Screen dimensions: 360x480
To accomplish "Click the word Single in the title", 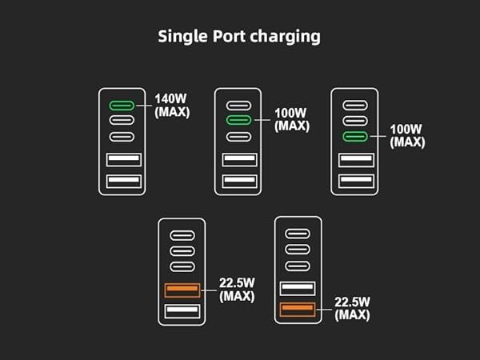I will pyautogui.click(x=182, y=36).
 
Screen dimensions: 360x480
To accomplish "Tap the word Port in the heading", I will pyautogui.click(x=234, y=36).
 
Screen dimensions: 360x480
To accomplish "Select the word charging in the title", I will pyautogui.click(x=290, y=37).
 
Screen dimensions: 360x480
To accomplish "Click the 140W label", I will pyautogui.click(x=172, y=101).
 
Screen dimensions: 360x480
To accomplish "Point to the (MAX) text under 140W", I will pyautogui.click(x=172, y=113).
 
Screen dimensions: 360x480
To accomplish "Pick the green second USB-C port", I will pyautogui.click(x=239, y=120).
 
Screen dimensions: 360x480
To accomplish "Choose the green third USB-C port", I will pyautogui.click(x=356, y=136).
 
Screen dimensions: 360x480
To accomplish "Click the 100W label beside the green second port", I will pyautogui.click(x=291, y=114).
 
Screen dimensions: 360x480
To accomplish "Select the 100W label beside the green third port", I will pyautogui.click(x=408, y=130).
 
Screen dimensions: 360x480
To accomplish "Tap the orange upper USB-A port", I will pyautogui.click(x=182, y=290).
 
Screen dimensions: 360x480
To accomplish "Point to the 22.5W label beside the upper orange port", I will pyautogui.click(x=237, y=282).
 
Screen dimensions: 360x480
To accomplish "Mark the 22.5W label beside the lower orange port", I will pyautogui.click(x=353, y=302).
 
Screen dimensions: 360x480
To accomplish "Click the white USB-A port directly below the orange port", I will pyautogui.click(x=182, y=311).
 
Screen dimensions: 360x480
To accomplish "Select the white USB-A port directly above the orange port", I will pyautogui.click(x=298, y=289).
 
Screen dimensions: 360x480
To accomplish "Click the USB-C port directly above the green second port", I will pyautogui.click(x=239, y=105).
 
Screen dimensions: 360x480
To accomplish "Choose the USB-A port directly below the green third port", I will pyautogui.click(x=356, y=160).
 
